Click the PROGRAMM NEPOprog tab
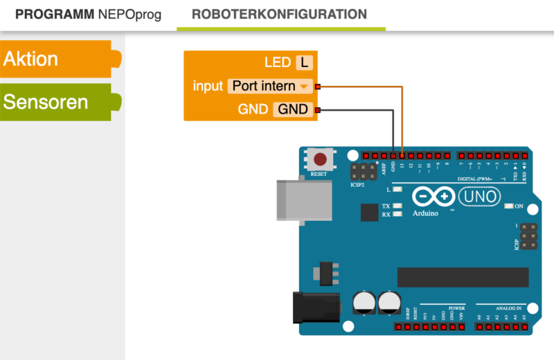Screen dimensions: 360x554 point(88,15)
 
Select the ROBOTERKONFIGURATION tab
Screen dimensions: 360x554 point(279,15)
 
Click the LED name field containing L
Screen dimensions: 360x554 point(303,63)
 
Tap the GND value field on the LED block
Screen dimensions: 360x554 point(293,109)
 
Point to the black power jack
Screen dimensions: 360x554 point(316,307)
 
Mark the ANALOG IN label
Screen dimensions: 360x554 point(509,308)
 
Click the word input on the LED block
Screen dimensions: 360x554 point(208,87)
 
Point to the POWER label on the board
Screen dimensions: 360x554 point(456,308)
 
